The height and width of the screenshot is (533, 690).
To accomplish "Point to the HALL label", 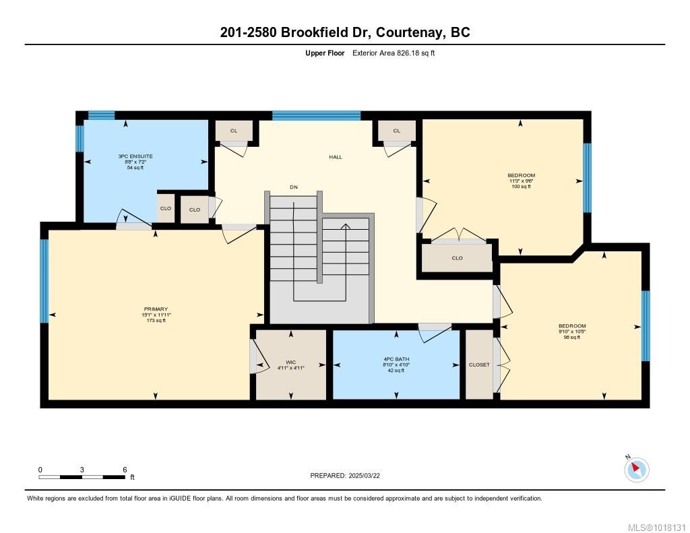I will [336, 157].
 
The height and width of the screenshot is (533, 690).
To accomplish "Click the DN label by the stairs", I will [294, 187].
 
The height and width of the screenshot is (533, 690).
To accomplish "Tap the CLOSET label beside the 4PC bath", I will [479, 365].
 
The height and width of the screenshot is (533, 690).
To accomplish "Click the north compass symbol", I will [636, 469].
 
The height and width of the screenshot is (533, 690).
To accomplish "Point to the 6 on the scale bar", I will [125, 469].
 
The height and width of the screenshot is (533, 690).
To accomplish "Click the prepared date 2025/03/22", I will [349, 476].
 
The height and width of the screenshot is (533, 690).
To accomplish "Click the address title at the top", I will [344, 32].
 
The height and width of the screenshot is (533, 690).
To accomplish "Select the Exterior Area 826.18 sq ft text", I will [394, 53].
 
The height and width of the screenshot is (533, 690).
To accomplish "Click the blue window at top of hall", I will [316, 115].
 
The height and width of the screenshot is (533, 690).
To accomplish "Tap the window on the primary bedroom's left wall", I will [44, 281].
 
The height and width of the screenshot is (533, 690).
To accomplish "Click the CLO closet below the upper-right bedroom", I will [457, 257].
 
